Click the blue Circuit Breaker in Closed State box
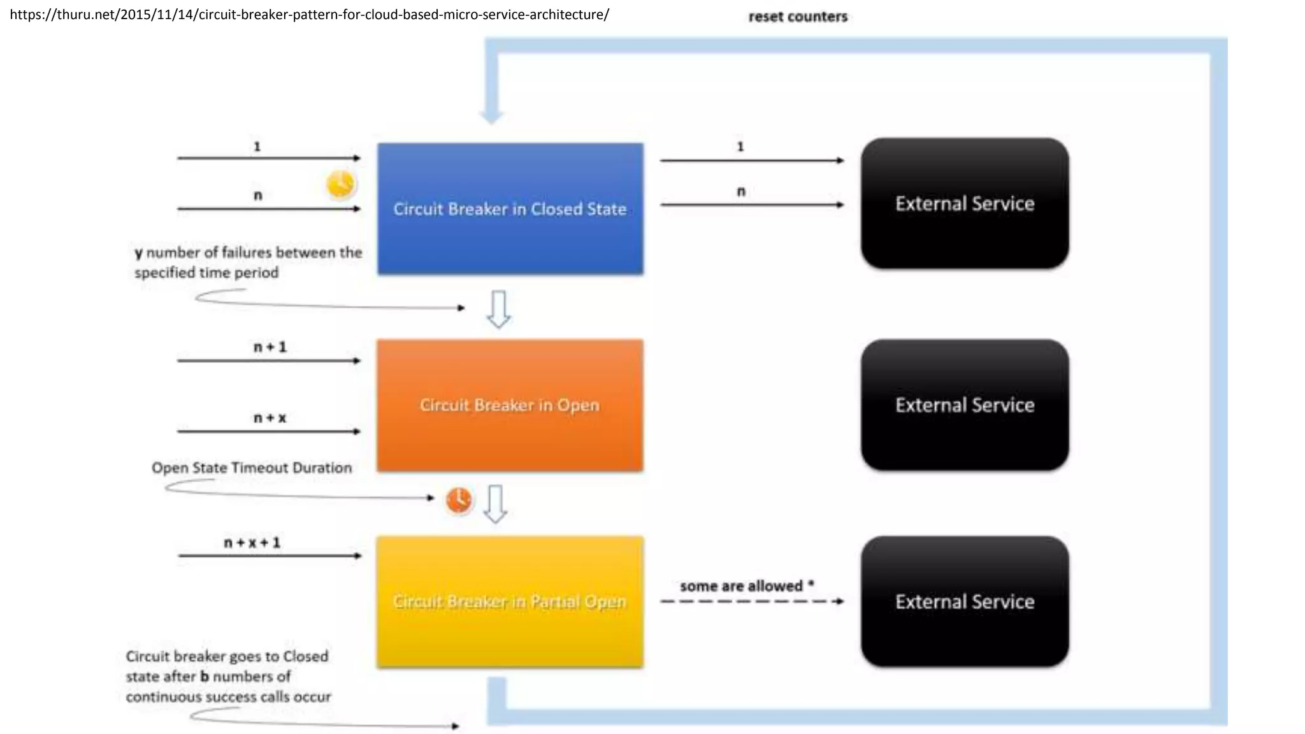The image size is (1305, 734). pos(510,209)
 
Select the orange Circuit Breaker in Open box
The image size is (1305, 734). pos(510,405)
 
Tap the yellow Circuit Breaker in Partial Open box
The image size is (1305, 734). pos(510,601)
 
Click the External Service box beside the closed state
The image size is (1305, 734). pos(964,203)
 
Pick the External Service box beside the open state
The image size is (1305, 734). pos(964,405)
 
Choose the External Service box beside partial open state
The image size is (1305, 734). pos(964,601)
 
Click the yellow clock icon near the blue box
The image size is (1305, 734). pos(340,185)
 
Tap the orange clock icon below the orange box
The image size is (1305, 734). pos(459,500)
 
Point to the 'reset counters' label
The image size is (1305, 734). pos(798,17)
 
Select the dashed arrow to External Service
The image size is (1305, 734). pos(752,601)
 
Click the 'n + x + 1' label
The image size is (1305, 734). pos(252,542)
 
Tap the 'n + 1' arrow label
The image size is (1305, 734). pos(270,347)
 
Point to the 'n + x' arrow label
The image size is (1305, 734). pos(270,417)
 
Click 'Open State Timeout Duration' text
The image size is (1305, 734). pos(252,468)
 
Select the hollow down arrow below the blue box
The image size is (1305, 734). pos(498,309)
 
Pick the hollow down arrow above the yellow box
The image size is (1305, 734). pos(495,504)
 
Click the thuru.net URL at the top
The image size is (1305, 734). pos(310,14)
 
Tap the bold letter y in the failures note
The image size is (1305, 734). pos(138,254)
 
